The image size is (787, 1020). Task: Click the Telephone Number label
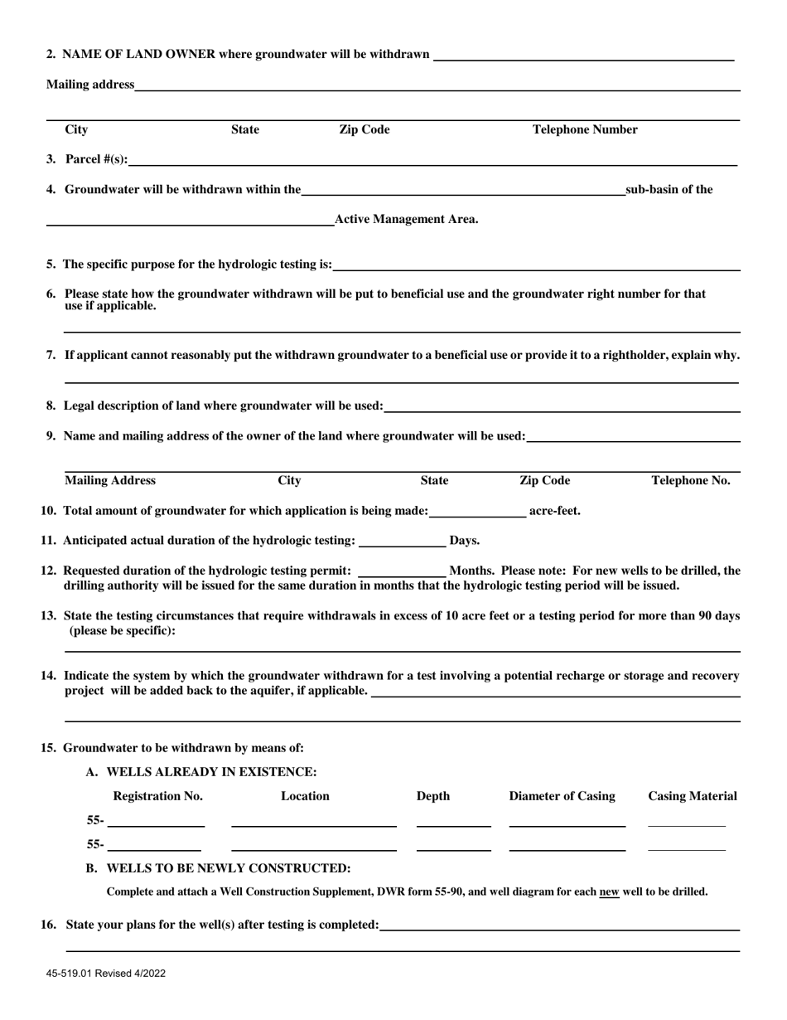pos(585,129)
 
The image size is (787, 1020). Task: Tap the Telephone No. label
pos(691,481)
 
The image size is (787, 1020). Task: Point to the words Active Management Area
pos(405,220)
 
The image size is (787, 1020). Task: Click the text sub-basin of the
pos(669,189)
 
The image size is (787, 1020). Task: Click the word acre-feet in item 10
pos(554,511)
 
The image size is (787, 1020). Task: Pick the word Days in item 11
pos(464,541)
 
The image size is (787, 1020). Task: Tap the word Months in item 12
pos(471,571)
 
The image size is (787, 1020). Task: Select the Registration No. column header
pos(157,796)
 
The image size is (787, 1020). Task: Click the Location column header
pos(305,796)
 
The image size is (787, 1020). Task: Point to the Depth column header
pos(433,796)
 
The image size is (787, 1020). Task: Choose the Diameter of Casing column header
pos(562,796)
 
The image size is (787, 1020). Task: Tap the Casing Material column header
pos(692,796)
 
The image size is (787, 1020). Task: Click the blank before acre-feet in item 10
pos(478,512)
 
